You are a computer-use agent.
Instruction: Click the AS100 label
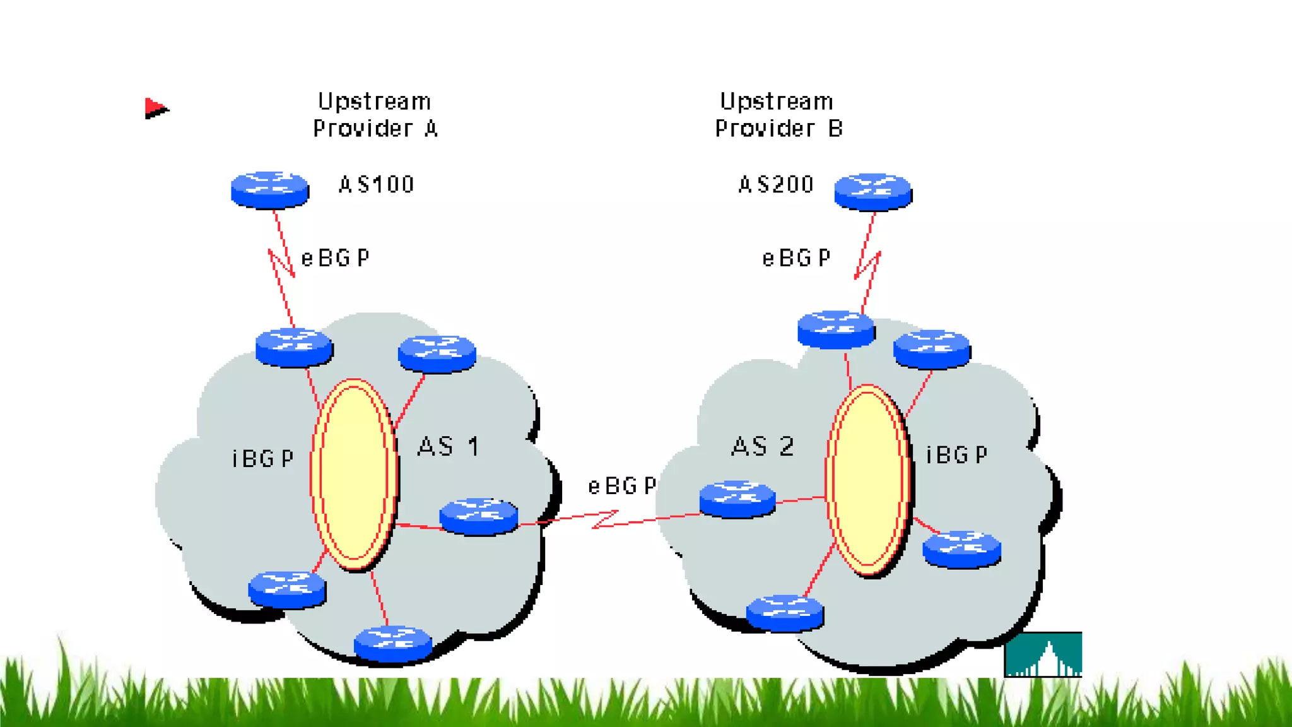[376, 184]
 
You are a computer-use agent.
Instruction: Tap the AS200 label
[776, 184]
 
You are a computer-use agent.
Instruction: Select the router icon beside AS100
[270, 189]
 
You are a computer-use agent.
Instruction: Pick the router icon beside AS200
[873, 191]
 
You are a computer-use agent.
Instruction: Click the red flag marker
[155, 109]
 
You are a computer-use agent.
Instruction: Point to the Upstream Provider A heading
[375, 115]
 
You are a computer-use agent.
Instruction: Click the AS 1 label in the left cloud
[449, 447]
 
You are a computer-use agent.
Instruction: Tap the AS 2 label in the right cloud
[762, 447]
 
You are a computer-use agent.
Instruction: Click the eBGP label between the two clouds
[622, 486]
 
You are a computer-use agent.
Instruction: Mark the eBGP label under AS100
[335, 258]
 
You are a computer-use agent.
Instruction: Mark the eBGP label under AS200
[796, 258]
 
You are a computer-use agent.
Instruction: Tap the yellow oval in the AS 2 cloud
[868, 480]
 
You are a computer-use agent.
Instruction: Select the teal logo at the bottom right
[1043, 654]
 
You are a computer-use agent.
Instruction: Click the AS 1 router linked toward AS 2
[479, 516]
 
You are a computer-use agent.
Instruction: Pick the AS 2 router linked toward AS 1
[737, 499]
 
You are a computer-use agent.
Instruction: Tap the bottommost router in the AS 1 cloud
[393, 644]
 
